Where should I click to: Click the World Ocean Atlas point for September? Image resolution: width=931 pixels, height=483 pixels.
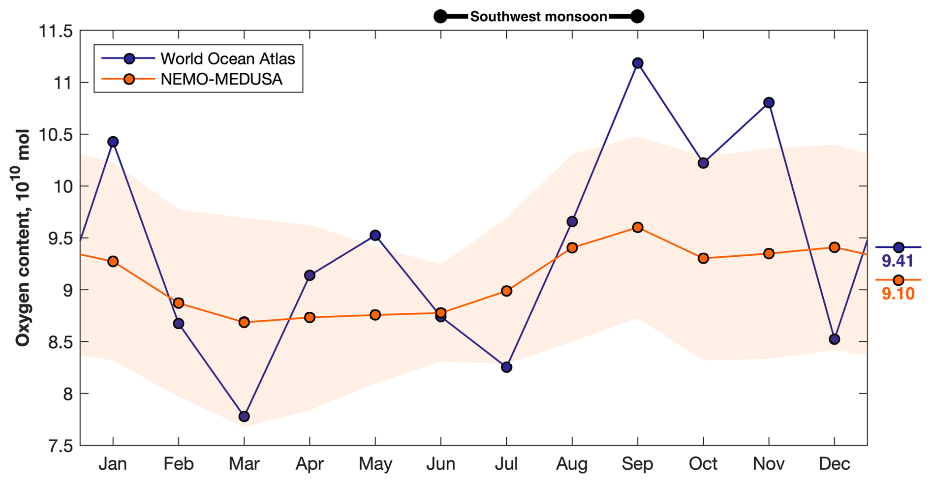(x=638, y=63)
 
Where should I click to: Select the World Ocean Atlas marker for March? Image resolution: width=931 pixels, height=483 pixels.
(x=244, y=417)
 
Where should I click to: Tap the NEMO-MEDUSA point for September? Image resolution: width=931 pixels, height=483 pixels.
(x=638, y=227)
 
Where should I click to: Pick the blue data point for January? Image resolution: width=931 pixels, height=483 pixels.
(x=113, y=142)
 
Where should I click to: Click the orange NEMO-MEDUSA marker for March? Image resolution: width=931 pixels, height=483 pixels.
(x=244, y=322)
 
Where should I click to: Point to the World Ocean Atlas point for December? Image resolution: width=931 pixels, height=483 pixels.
(x=834, y=339)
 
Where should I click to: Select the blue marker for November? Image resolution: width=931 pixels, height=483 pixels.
(x=769, y=102)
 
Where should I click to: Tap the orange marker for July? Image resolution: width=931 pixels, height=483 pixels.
(x=506, y=291)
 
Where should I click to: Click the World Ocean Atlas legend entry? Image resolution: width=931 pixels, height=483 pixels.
(x=227, y=59)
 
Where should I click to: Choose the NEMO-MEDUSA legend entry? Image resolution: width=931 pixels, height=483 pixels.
(x=221, y=79)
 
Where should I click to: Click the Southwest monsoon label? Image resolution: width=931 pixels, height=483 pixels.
(x=538, y=17)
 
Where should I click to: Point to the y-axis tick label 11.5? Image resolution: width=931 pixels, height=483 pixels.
(x=55, y=31)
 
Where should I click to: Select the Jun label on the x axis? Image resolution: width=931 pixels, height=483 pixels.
(x=440, y=464)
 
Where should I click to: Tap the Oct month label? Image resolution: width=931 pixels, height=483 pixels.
(x=703, y=464)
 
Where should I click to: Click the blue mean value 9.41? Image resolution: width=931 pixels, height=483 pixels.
(x=898, y=261)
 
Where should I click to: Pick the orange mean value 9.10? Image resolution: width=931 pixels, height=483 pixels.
(x=898, y=294)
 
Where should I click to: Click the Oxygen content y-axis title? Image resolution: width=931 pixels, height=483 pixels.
(x=23, y=238)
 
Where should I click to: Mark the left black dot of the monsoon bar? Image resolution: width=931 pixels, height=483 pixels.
(x=440, y=17)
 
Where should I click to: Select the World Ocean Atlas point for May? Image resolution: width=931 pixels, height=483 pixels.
(x=375, y=235)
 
